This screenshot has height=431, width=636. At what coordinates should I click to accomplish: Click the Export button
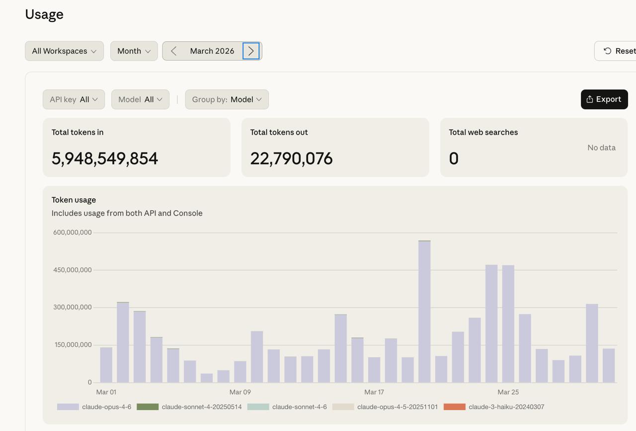604,99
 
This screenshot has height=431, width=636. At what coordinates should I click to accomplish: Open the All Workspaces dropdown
64,51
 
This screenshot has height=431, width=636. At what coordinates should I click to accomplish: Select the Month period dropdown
134,51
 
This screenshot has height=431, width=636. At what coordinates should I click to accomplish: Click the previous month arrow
173,51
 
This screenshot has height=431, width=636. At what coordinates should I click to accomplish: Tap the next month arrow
251,51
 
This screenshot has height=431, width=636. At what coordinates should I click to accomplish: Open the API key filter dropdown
74,99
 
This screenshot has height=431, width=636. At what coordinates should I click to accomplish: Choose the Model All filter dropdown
140,99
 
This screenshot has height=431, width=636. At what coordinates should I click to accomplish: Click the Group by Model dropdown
227,99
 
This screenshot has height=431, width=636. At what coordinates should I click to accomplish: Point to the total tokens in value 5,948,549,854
105,158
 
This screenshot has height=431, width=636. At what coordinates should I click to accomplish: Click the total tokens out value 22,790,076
291,158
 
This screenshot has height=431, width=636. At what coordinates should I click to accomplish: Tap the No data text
601,147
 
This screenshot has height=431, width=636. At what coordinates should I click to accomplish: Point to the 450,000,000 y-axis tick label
73,270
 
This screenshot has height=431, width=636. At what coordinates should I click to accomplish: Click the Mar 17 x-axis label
374,392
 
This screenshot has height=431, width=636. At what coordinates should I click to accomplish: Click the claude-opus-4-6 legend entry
94,407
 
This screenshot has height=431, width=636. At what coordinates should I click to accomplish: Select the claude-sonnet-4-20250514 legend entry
189,407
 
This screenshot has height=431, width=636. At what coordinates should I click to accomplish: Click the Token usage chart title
74,200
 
